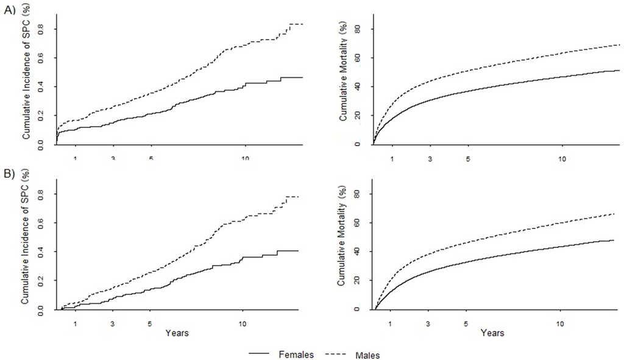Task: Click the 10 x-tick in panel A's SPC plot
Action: [245, 159]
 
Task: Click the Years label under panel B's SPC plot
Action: [177, 333]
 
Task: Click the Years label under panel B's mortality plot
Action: [492, 333]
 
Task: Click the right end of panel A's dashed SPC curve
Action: [303, 24]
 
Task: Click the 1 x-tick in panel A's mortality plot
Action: [392, 159]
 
